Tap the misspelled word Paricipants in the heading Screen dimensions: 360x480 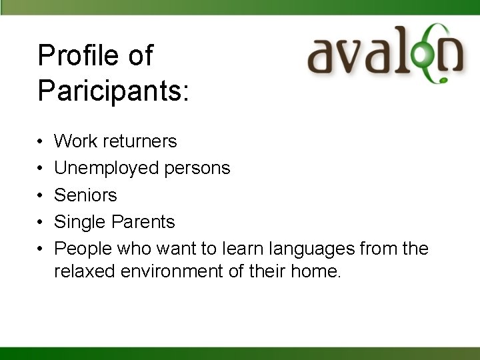click(x=113, y=90)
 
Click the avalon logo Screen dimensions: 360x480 click(x=385, y=53)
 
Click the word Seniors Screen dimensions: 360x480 click(x=85, y=195)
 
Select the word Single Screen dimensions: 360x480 click(x=80, y=222)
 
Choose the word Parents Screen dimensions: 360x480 click(x=143, y=222)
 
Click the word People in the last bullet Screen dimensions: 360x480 click(x=83, y=249)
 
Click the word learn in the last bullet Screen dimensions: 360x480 click(x=243, y=249)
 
